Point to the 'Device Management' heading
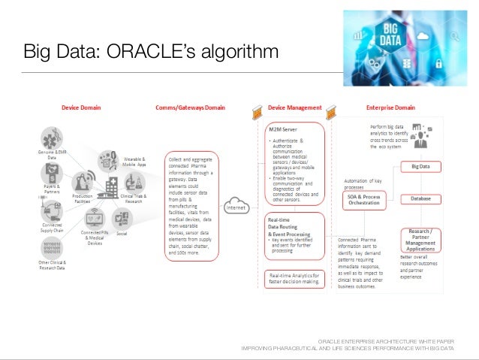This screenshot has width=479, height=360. coord(295,107)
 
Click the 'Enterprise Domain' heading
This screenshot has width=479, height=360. coord(390,107)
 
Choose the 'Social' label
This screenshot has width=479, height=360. coord(121,234)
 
